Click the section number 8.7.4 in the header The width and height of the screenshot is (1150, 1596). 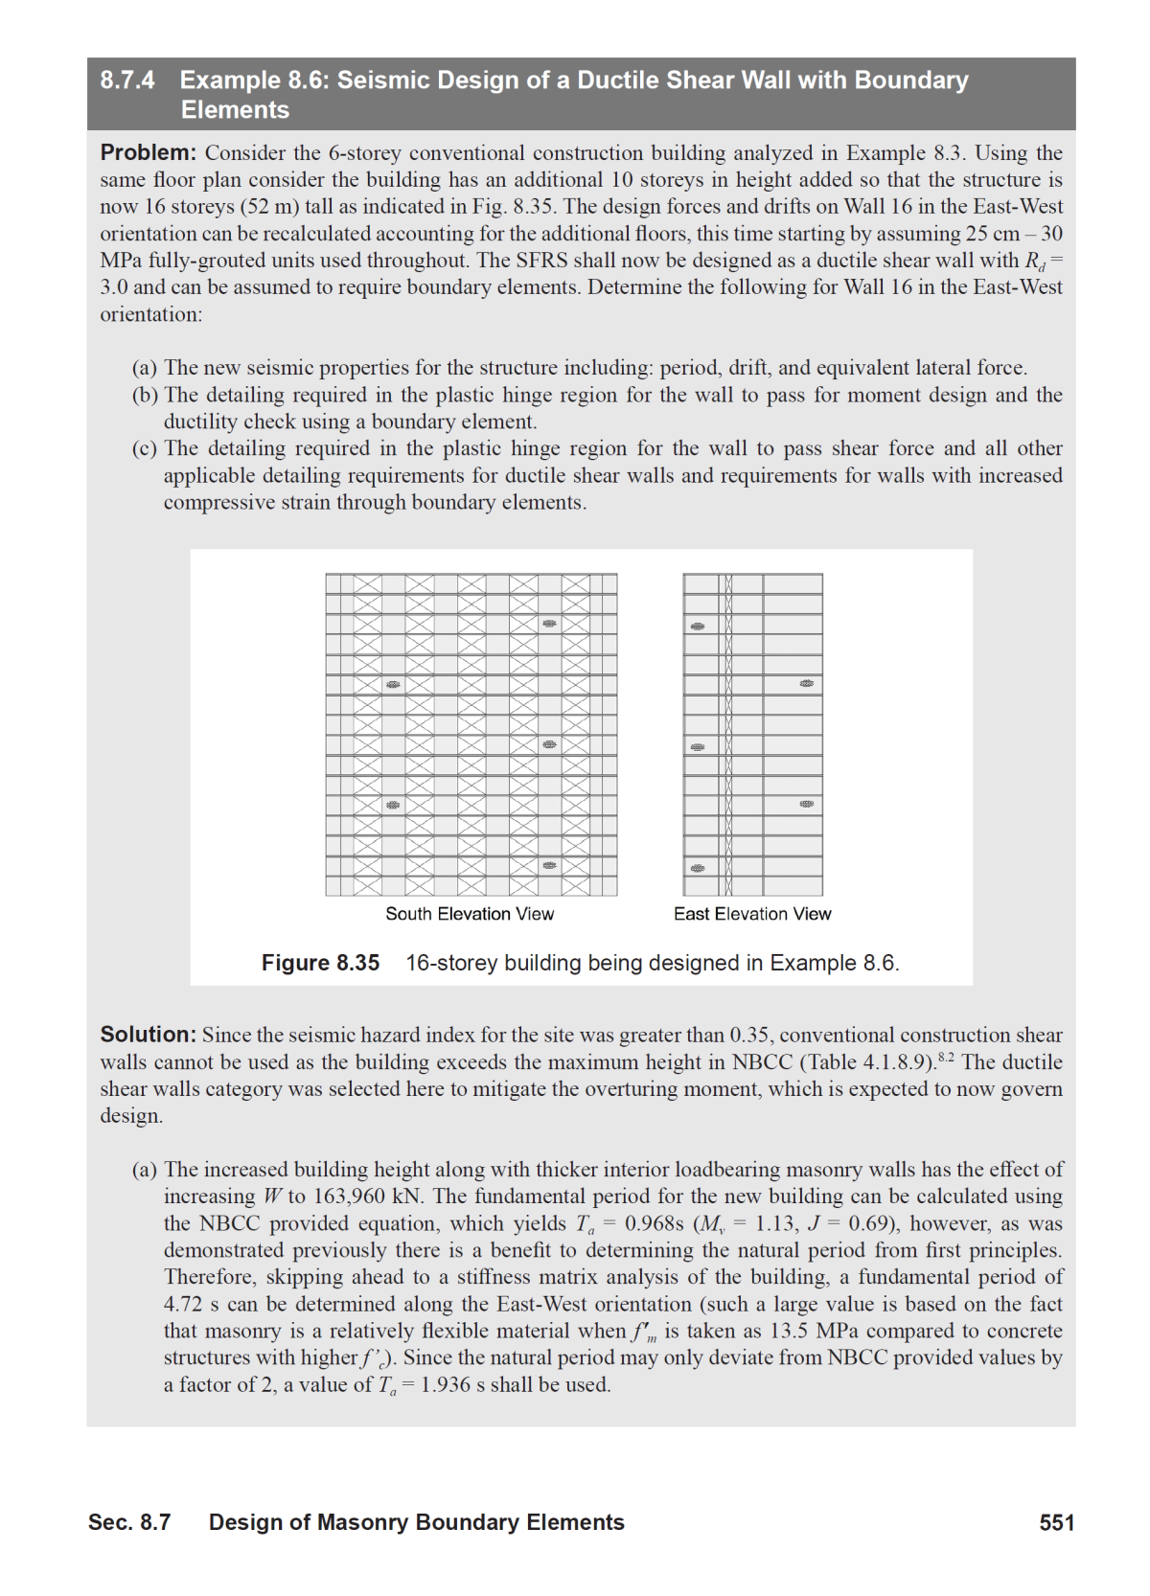127,80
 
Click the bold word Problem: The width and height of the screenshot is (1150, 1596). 149,152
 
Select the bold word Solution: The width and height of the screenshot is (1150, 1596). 149,1035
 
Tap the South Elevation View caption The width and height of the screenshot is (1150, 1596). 470,914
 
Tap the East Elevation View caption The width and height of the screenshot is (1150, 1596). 752,914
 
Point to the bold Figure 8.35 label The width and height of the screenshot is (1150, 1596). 320,963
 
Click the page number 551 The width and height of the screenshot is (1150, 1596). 1057,1522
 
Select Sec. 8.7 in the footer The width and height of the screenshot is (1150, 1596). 129,1522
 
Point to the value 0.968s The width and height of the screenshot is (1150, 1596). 654,1223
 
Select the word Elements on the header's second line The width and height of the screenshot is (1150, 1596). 235,110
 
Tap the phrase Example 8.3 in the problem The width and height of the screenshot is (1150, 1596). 890,153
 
